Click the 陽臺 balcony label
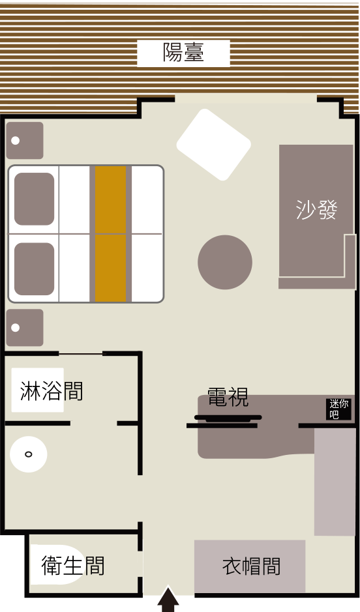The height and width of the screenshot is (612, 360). (x=183, y=53)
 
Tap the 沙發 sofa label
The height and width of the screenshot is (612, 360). (x=316, y=210)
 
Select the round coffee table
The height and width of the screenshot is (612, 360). (x=225, y=262)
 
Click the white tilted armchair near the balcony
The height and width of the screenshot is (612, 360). (x=213, y=145)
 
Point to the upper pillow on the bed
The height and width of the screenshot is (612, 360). (x=35, y=199)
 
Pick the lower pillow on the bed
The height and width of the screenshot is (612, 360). (x=35, y=269)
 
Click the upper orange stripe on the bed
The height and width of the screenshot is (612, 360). (x=110, y=200)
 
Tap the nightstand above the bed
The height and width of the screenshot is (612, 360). (x=25, y=141)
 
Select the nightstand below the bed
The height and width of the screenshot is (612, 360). (x=25, y=327)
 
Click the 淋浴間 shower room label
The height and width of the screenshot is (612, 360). (x=51, y=391)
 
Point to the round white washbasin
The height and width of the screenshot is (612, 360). (x=29, y=454)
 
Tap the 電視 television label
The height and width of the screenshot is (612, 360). (x=228, y=398)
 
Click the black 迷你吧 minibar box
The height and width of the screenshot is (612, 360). (x=338, y=409)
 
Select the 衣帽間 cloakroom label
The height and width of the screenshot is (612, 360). (x=252, y=566)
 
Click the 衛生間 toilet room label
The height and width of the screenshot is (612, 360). (x=73, y=566)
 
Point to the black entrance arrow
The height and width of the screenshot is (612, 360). (x=168, y=600)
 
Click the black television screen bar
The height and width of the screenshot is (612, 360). (x=228, y=418)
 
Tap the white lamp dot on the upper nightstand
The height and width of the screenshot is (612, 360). (x=15, y=141)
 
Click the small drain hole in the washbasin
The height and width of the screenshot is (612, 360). (x=29, y=454)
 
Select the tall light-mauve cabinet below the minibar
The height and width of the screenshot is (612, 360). (x=335, y=482)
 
